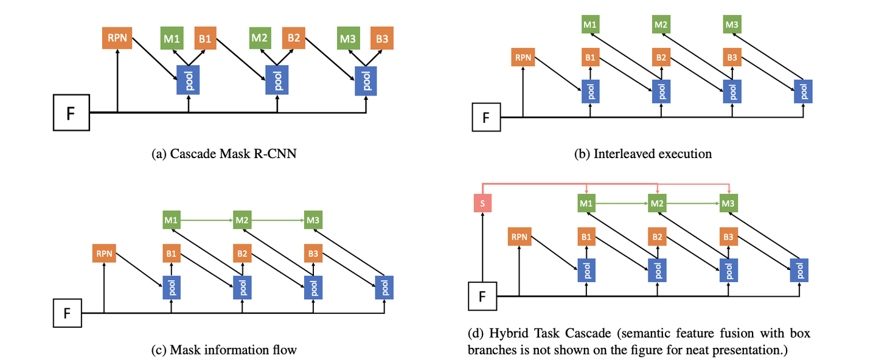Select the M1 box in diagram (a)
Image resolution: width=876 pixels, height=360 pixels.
(x=172, y=38)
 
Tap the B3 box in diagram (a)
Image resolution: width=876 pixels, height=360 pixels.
(x=382, y=38)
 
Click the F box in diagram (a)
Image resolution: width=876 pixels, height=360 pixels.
(x=71, y=112)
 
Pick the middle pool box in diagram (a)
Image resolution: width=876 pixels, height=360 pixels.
(x=278, y=79)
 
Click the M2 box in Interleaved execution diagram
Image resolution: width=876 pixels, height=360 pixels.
(x=661, y=25)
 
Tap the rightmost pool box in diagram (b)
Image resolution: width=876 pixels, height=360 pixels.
(x=804, y=91)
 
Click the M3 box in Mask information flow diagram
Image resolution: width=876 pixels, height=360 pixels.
(x=313, y=219)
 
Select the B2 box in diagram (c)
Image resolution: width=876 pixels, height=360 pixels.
(x=242, y=253)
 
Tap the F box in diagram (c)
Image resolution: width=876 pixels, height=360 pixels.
(x=68, y=313)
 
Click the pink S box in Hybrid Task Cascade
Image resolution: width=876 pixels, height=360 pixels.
(x=482, y=203)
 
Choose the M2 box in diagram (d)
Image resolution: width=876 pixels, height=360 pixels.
(x=656, y=203)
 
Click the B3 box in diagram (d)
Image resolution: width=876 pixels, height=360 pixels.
(x=728, y=237)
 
